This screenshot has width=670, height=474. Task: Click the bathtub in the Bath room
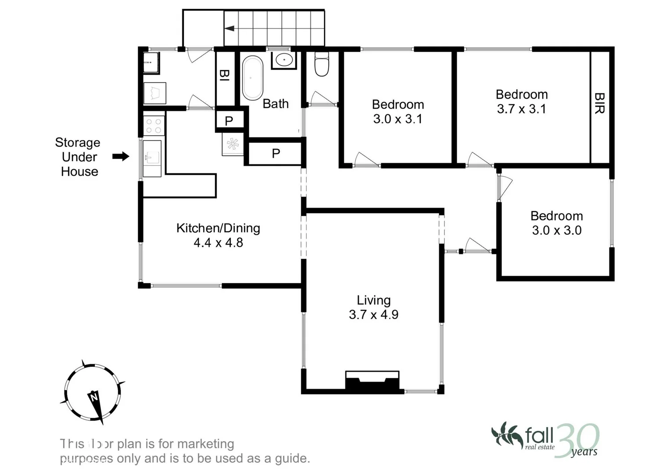click(252, 78)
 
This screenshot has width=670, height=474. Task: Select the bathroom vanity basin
click(284, 59)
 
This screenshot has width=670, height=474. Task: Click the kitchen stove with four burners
click(154, 126)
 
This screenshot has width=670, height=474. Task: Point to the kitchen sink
click(151, 157)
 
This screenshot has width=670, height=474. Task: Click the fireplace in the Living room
click(372, 380)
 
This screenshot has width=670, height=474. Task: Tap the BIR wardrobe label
click(599, 103)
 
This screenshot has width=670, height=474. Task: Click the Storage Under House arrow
click(121, 156)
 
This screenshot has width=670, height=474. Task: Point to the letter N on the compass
click(93, 397)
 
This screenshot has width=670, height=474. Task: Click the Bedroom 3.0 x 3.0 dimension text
click(556, 230)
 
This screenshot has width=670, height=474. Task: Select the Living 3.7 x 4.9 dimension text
click(373, 315)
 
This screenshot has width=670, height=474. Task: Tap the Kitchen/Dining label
click(218, 228)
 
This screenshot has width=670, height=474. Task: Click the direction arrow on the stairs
click(229, 29)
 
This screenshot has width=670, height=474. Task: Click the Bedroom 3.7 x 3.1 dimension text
click(521, 109)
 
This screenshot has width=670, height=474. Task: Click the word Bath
click(276, 104)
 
